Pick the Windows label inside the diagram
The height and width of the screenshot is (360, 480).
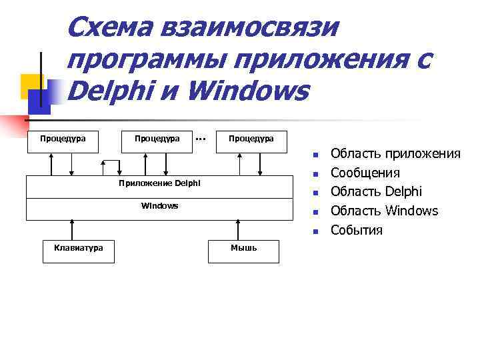click(159, 206)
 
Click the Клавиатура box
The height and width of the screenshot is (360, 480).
click(78, 248)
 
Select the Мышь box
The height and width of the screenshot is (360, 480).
click(243, 248)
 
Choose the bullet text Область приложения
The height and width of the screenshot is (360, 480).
click(395, 154)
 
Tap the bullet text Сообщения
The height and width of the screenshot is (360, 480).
click(365, 173)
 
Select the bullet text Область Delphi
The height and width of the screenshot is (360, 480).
click(376, 192)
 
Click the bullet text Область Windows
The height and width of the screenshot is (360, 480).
click(384, 211)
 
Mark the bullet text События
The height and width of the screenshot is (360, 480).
click(357, 231)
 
